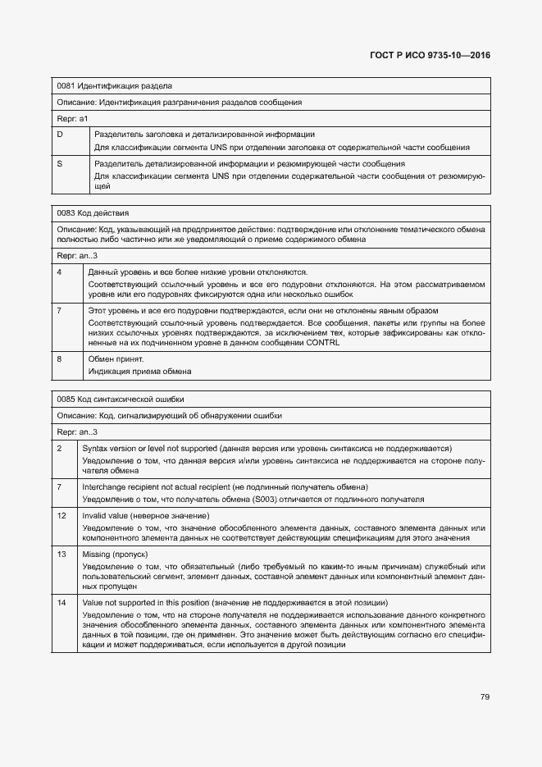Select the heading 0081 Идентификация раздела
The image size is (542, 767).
(x=114, y=86)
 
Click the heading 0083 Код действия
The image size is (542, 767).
(x=93, y=212)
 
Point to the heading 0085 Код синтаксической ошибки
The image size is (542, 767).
(x=120, y=399)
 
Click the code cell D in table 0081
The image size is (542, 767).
(x=60, y=134)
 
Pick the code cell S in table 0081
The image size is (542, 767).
(x=60, y=163)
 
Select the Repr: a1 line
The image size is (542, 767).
(x=72, y=119)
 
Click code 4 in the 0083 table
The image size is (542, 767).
(x=59, y=272)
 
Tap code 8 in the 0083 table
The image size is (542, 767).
(x=59, y=358)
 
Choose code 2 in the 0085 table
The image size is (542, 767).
(x=59, y=448)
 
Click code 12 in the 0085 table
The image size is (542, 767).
(x=61, y=515)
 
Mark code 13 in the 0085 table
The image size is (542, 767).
(x=61, y=555)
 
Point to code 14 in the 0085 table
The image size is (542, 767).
(x=61, y=603)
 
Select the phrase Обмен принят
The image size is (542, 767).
(x=116, y=358)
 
